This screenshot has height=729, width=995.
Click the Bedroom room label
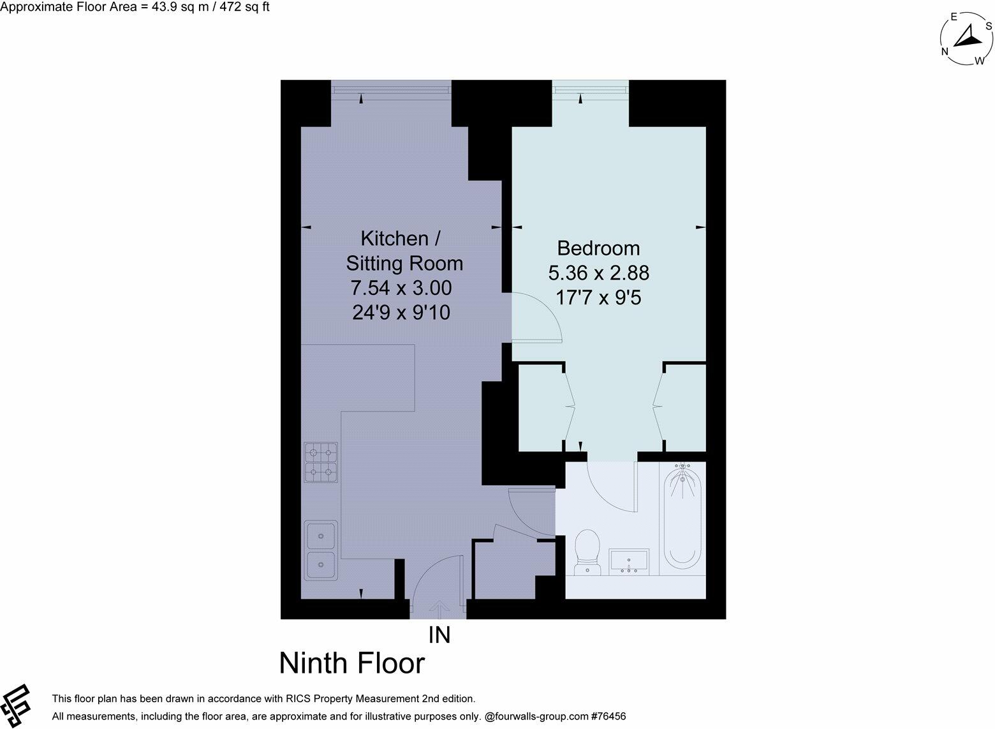pos(598,248)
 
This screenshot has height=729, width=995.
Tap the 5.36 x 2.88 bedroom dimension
pos(598,273)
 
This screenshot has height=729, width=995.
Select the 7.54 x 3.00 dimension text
pos(401,288)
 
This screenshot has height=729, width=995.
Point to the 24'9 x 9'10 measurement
pos(401,313)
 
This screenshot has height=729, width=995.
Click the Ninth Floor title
pos(351,663)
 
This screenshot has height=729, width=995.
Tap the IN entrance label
pos(439,635)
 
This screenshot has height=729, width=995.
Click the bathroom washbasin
pos(630,561)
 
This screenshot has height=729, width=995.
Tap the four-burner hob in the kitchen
pos(321,463)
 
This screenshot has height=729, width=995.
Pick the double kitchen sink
pos(321,550)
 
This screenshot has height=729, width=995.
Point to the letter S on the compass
pos(989,26)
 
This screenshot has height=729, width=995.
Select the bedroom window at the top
pos(590,89)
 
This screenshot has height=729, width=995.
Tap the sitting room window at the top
pos(391,89)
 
